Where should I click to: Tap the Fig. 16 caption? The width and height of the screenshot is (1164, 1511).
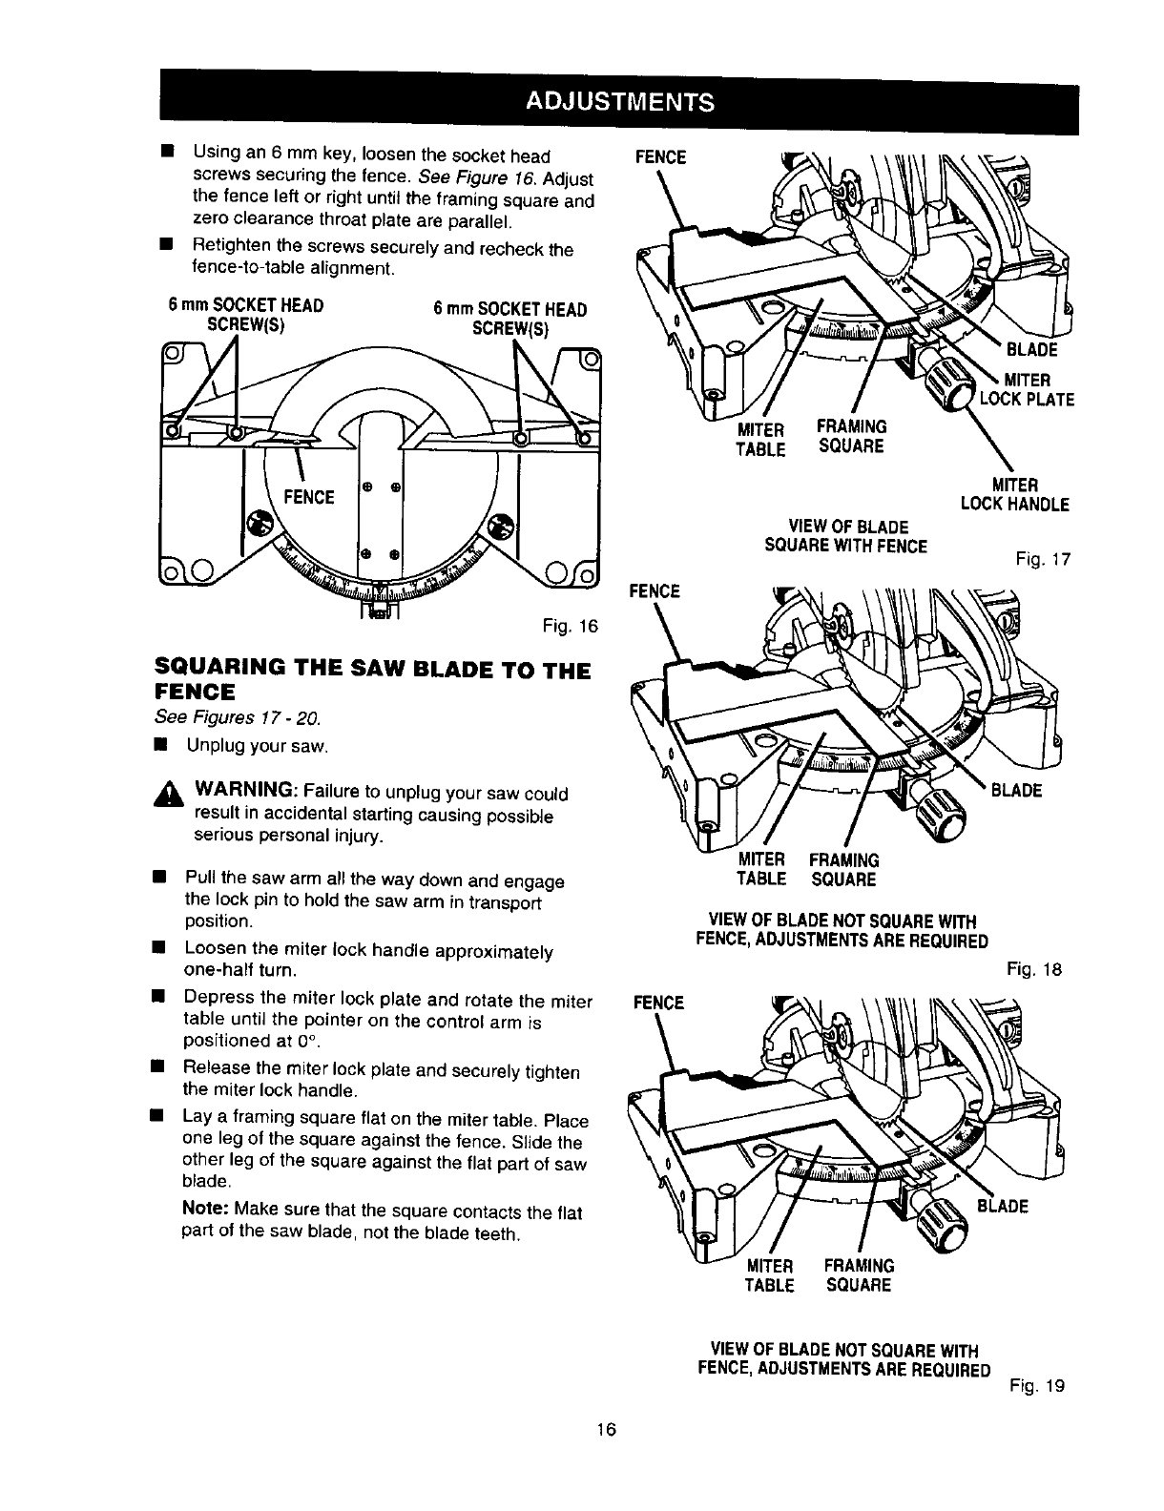(x=570, y=626)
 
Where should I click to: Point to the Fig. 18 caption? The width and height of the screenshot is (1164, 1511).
(x=1034, y=970)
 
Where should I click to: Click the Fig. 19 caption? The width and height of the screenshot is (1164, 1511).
(x=1038, y=1385)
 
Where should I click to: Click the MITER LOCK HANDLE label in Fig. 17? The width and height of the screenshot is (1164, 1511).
(x=1015, y=494)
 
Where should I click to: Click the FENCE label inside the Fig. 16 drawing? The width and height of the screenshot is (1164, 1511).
(x=308, y=497)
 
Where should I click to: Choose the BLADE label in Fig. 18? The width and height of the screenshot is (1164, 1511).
(x=1015, y=790)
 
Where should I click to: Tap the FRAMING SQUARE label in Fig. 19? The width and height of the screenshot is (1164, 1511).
(x=860, y=1275)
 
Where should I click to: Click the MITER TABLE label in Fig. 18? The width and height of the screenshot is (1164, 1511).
(x=761, y=869)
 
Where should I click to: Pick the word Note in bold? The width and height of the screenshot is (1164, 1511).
(x=204, y=1211)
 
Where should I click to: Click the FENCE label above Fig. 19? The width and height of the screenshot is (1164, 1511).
(x=658, y=1003)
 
